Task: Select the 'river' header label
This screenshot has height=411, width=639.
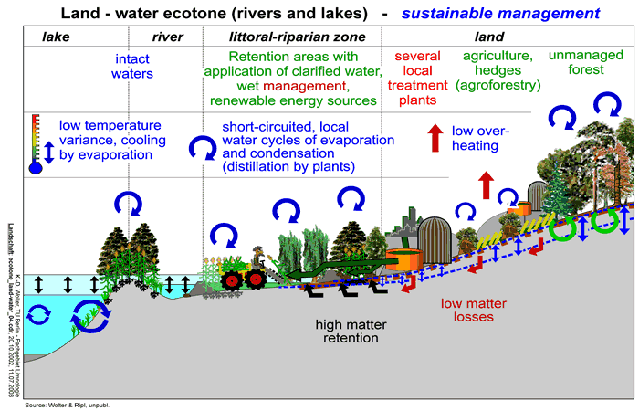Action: [x=167, y=37]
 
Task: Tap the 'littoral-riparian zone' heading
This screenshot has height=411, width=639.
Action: [x=289, y=37]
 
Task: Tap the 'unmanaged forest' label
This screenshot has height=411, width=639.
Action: [x=586, y=64]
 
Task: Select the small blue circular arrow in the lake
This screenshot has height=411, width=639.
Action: [x=39, y=315]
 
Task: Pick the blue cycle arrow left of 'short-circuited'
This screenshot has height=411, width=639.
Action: [x=199, y=145]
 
